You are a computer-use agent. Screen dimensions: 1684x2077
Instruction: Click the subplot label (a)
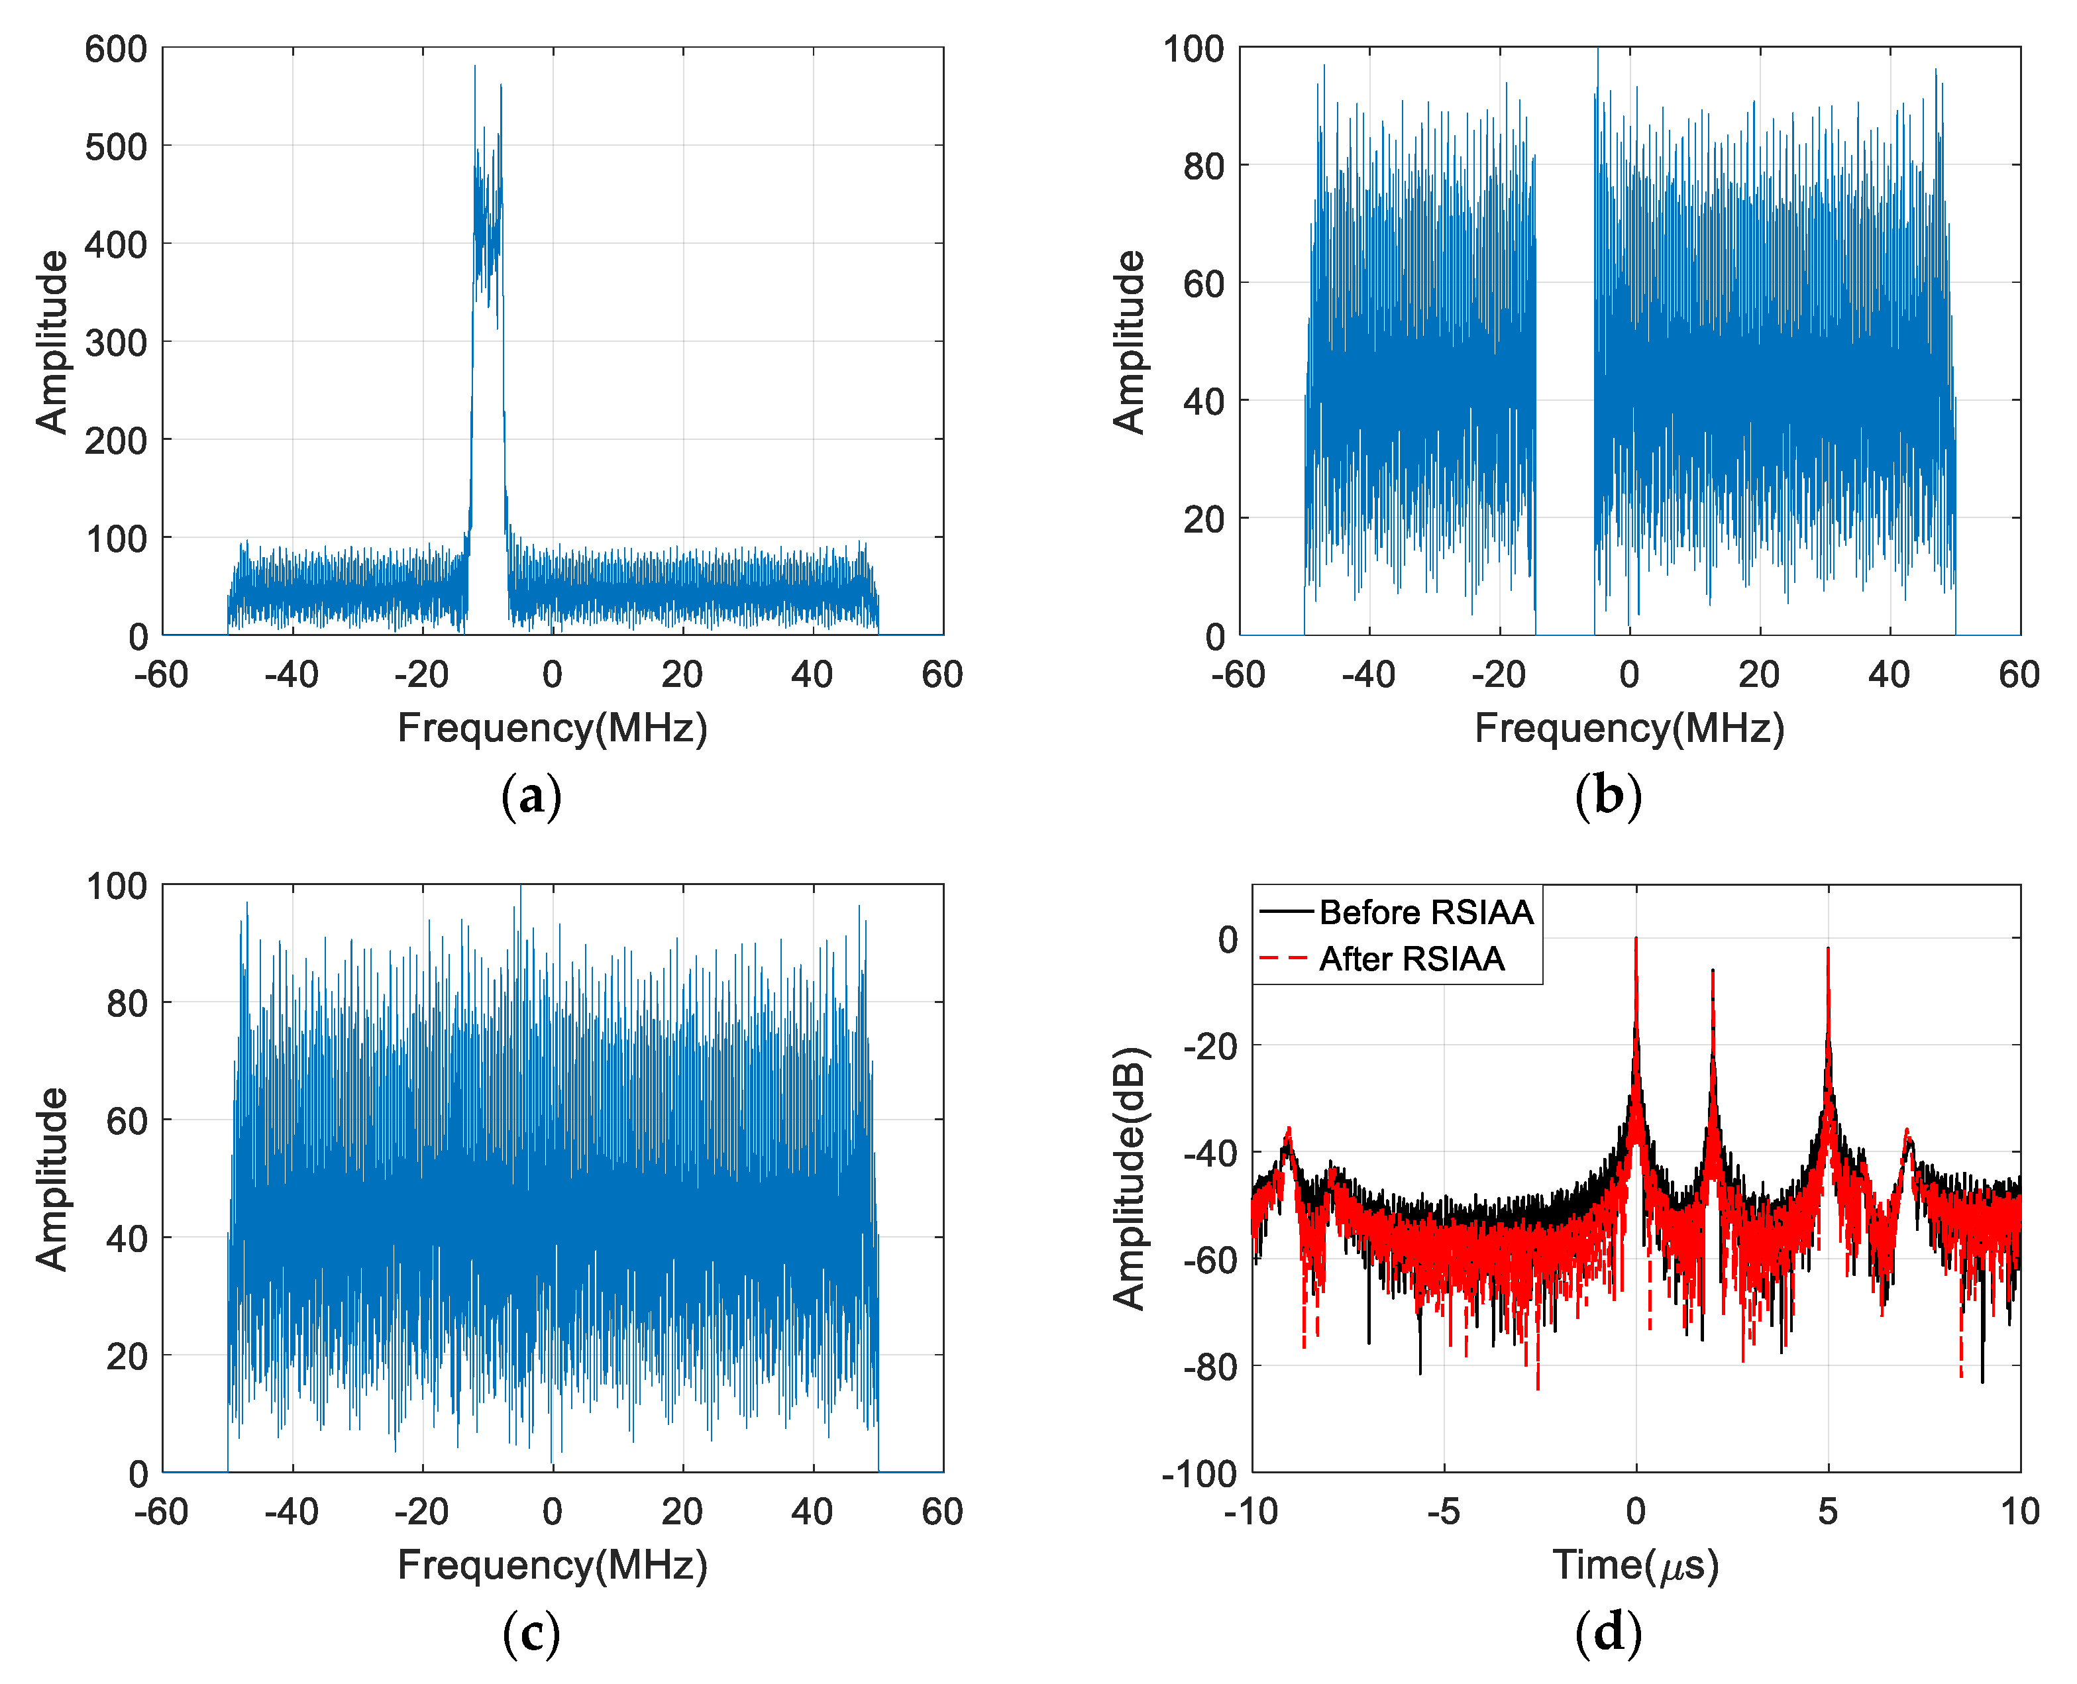point(531,798)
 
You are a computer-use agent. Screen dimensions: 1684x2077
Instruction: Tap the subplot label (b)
point(1607,798)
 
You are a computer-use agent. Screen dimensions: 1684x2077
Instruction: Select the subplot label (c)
point(531,1634)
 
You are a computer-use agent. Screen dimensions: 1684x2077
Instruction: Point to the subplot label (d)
point(1607,1634)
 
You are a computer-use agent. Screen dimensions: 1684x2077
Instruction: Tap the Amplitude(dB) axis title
point(1129,1178)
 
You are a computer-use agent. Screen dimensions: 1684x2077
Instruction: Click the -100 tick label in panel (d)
point(1199,1473)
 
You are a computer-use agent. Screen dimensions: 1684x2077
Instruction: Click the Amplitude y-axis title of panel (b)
point(1129,341)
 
